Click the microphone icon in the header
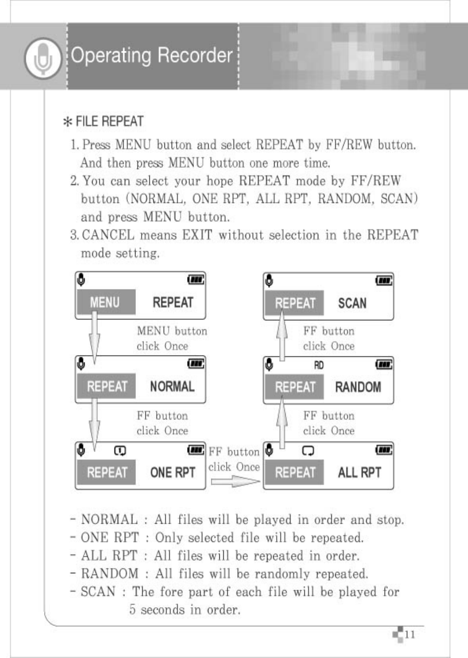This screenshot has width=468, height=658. (43, 58)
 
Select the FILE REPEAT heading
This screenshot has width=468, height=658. (104, 121)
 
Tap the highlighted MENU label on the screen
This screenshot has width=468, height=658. (106, 302)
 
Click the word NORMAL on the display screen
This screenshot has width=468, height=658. (172, 386)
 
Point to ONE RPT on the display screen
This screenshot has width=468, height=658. (172, 472)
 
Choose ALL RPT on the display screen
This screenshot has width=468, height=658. (359, 472)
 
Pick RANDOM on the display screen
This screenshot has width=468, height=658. (358, 387)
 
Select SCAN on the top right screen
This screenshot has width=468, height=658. (352, 303)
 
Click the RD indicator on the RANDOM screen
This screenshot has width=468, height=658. (319, 365)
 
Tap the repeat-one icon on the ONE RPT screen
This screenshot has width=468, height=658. (120, 451)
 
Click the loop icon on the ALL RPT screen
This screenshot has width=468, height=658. (308, 451)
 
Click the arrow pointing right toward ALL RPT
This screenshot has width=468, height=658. (234, 482)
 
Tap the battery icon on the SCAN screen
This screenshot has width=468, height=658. (384, 281)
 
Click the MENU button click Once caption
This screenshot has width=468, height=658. (172, 339)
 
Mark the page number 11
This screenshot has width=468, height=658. (410, 634)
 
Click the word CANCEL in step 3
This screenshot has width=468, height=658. (108, 235)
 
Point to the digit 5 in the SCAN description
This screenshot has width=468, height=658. (132, 609)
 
